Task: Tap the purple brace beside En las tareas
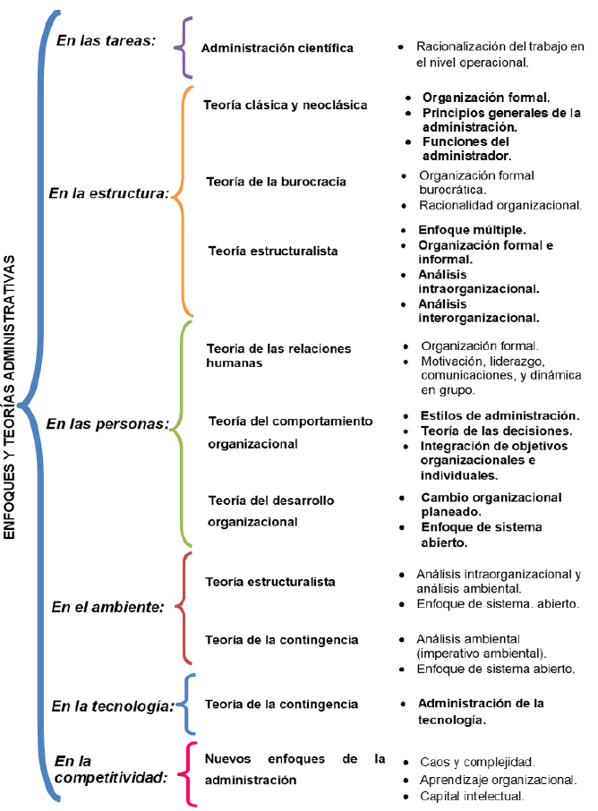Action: (x=184, y=47)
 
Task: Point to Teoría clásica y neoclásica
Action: (x=286, y=105)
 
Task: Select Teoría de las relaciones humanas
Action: (x=278, y=355)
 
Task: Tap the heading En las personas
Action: (x=107, y=423)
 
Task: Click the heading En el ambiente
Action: (x=107, y=606)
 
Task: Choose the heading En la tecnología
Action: (x=112, y=705)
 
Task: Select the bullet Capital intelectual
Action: (x=471, y=796)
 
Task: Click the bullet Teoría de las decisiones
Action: (x=496, y=431)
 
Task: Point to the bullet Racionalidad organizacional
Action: (x=500, y=205)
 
